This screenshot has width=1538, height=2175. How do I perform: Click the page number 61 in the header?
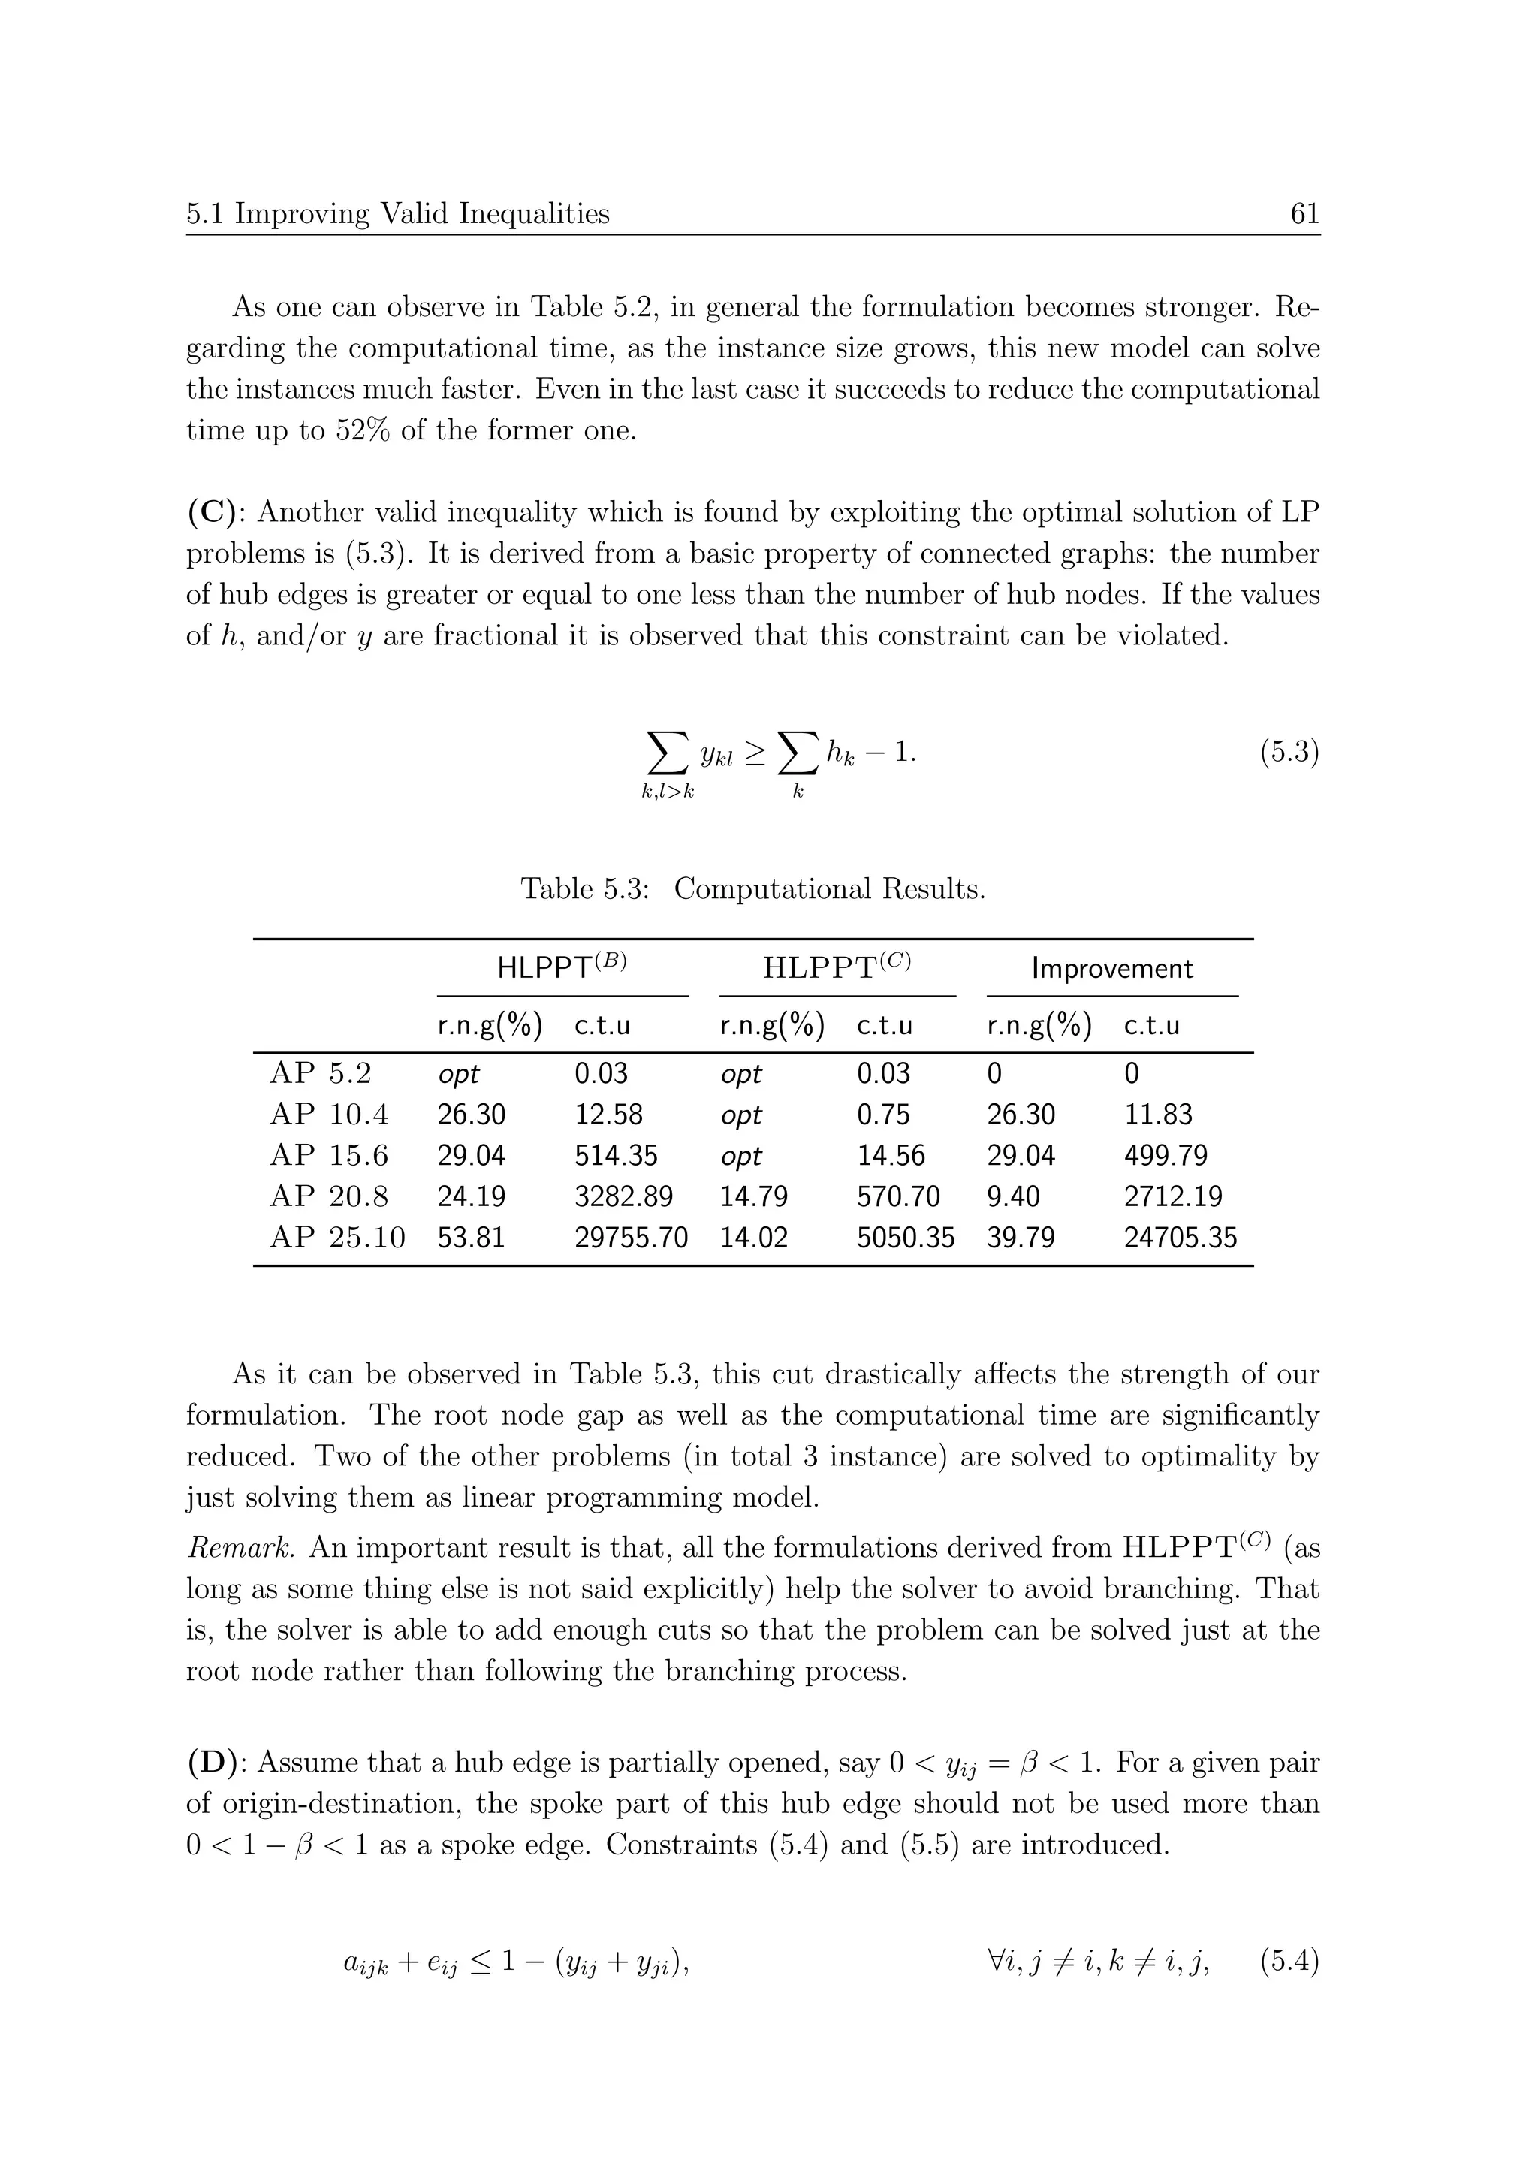[x=1304, y=214]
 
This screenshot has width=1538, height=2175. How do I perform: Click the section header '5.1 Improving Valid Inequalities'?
[x=398, y=214]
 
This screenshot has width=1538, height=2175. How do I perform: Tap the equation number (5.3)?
[x=1289, y=753]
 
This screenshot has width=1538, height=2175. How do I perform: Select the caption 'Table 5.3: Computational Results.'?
[x=753, y=888]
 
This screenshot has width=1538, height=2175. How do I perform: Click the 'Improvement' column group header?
[x=1112, y=968]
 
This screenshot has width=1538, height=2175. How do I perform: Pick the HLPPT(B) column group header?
[x=562, y=967]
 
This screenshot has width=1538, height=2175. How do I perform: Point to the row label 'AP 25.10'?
[x=337, y=1237]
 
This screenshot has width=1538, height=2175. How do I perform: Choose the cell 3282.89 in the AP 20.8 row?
[x=623, y=1196]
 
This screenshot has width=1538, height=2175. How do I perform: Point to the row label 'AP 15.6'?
[x=329, y=1156]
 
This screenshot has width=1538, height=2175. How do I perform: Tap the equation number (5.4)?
[x=1289, y=1962]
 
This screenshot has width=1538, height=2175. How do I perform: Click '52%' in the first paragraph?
[x=363, y=430]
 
